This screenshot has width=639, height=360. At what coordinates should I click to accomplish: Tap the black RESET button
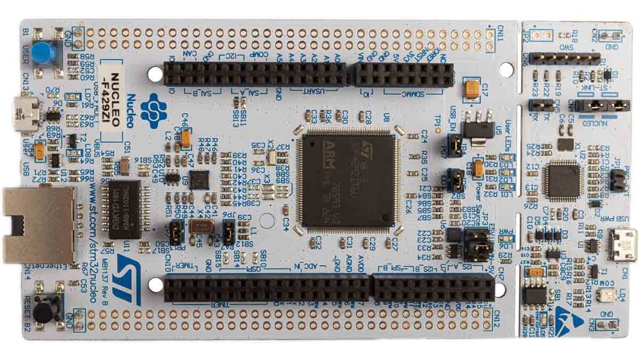point(43,312)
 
